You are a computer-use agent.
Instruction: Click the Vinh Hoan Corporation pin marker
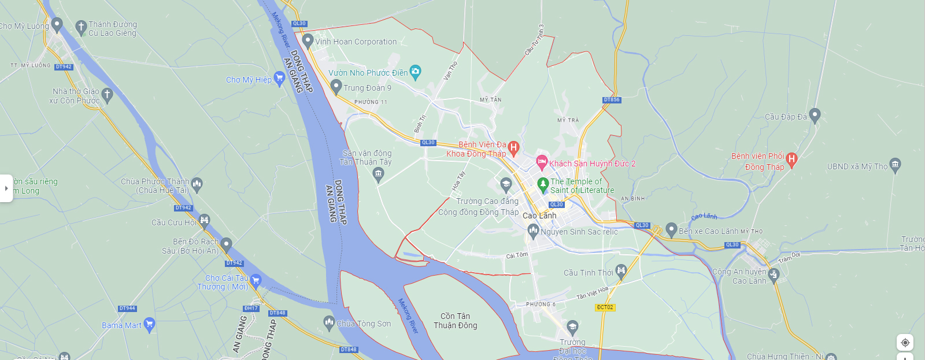pos(308,40)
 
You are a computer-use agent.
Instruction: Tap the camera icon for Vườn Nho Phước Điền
pos(416,72)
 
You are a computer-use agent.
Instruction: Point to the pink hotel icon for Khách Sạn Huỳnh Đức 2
pos(542,162)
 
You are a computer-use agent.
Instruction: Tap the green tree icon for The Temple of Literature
pos(542,184)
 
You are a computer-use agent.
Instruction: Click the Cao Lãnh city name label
pos(539,216)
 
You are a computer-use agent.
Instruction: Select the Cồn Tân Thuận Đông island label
pos(456,321)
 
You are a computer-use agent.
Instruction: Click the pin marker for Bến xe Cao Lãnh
pos(671,229)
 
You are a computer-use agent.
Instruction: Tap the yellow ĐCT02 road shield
pos(605,307)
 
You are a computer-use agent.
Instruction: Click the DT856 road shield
pos(612,100)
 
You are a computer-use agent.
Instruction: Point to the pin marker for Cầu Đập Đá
pos(815,115)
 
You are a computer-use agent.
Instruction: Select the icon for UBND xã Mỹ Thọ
pos(895,165)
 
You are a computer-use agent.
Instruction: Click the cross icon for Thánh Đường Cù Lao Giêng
pos(81,27)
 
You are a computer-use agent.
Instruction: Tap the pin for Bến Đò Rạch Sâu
pos(227,244)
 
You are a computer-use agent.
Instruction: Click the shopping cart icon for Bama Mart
pos(149,324)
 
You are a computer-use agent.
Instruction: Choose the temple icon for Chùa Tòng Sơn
pos(329,322)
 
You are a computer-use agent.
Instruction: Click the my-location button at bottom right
pos(905,343)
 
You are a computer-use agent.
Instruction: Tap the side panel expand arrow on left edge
pos(6,188)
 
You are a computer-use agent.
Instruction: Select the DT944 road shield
pos(127,309)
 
